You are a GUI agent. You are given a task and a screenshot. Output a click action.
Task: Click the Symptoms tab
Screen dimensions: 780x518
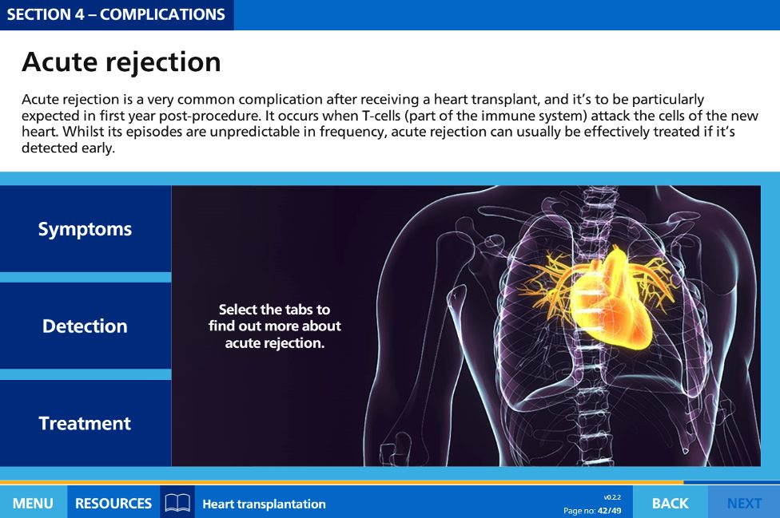tap(85, 229)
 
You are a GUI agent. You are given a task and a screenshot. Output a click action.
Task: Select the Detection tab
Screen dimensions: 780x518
tap(85, 326)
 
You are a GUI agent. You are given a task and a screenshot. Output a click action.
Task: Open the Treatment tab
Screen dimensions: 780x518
tap(85, 423)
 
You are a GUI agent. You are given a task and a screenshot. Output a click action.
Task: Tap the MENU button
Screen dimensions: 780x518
tap(33, 503)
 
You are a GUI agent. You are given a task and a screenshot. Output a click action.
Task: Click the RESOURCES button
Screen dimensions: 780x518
tap(113, 503)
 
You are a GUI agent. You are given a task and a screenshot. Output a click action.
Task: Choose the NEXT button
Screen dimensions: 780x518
tap(744, 503)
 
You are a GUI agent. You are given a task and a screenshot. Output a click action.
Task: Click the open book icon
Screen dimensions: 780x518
tap(177, 503)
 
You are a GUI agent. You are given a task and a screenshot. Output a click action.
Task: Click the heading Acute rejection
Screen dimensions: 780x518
tap(121, 62)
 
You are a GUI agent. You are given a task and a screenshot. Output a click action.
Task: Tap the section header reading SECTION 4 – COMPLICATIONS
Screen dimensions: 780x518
tap(116, 14)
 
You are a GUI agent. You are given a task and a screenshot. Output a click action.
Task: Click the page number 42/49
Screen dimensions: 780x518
tap(609, 511)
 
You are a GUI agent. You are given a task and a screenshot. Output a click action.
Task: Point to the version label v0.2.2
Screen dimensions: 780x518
tap(612, 497)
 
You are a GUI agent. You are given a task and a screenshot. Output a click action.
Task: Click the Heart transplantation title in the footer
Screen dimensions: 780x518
tap(265, 504)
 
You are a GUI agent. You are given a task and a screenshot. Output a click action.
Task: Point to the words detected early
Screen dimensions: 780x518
tap(68, 148)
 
